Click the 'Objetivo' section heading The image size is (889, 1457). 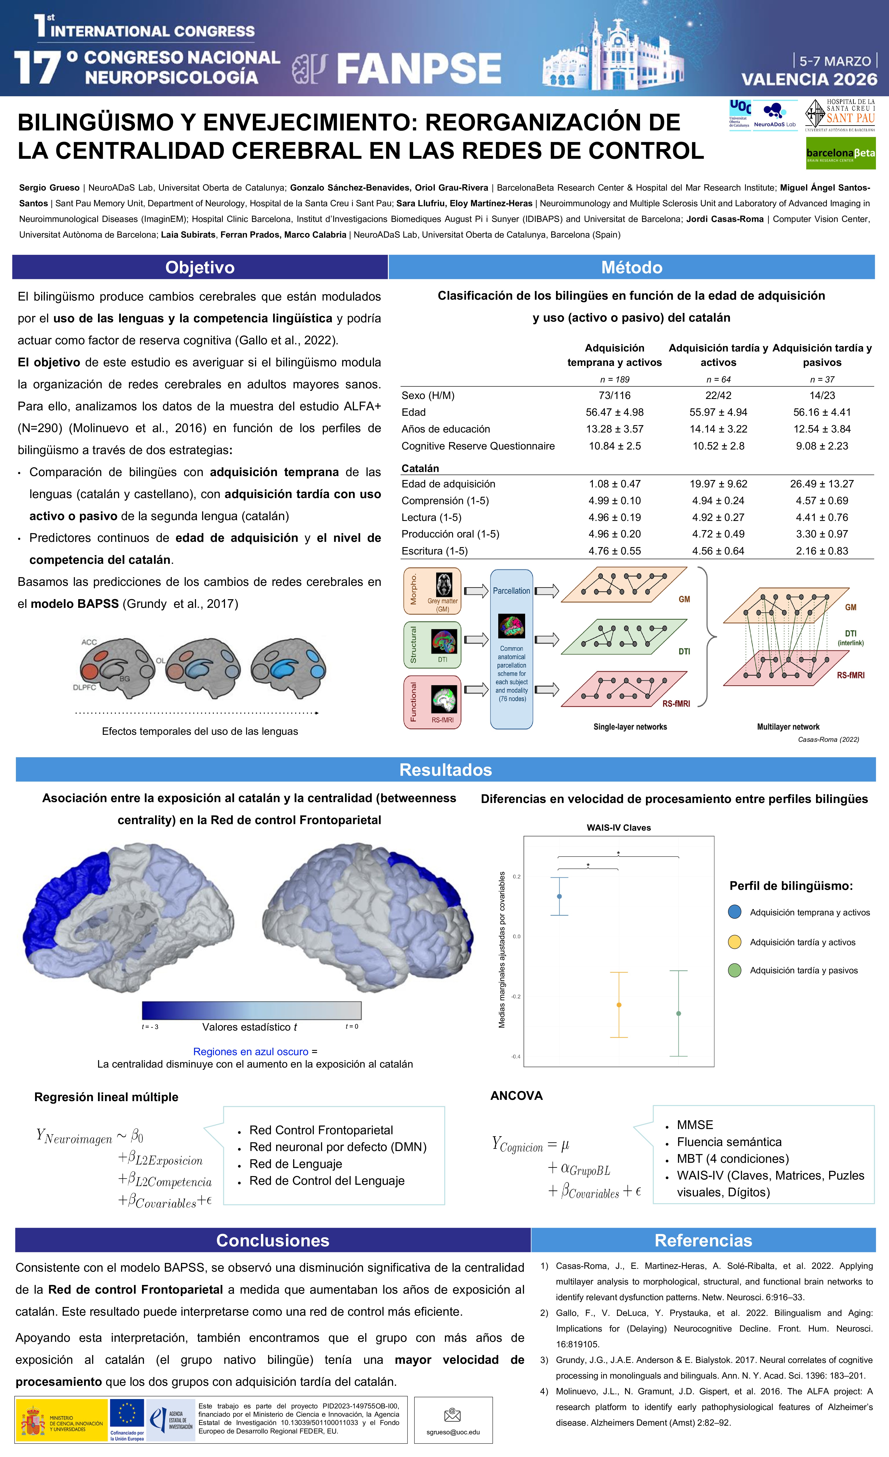tap(200, 267)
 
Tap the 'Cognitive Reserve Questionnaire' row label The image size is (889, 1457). tap(478, 446)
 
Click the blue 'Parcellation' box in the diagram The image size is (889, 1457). tap(512, 649)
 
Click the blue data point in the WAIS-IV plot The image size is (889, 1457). tap(559, 896)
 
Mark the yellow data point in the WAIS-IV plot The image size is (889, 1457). tap(619, 1005)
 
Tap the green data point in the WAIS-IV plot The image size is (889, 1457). tap(678, 1014)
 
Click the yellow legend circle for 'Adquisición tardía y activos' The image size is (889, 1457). tap(735, 942)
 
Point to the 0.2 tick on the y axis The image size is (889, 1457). tap(516, 876)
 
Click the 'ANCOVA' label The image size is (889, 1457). tap(516, 1096)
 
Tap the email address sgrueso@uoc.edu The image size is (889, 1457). tap(453, 1432)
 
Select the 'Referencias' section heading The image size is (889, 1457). tap(703, 1241)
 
